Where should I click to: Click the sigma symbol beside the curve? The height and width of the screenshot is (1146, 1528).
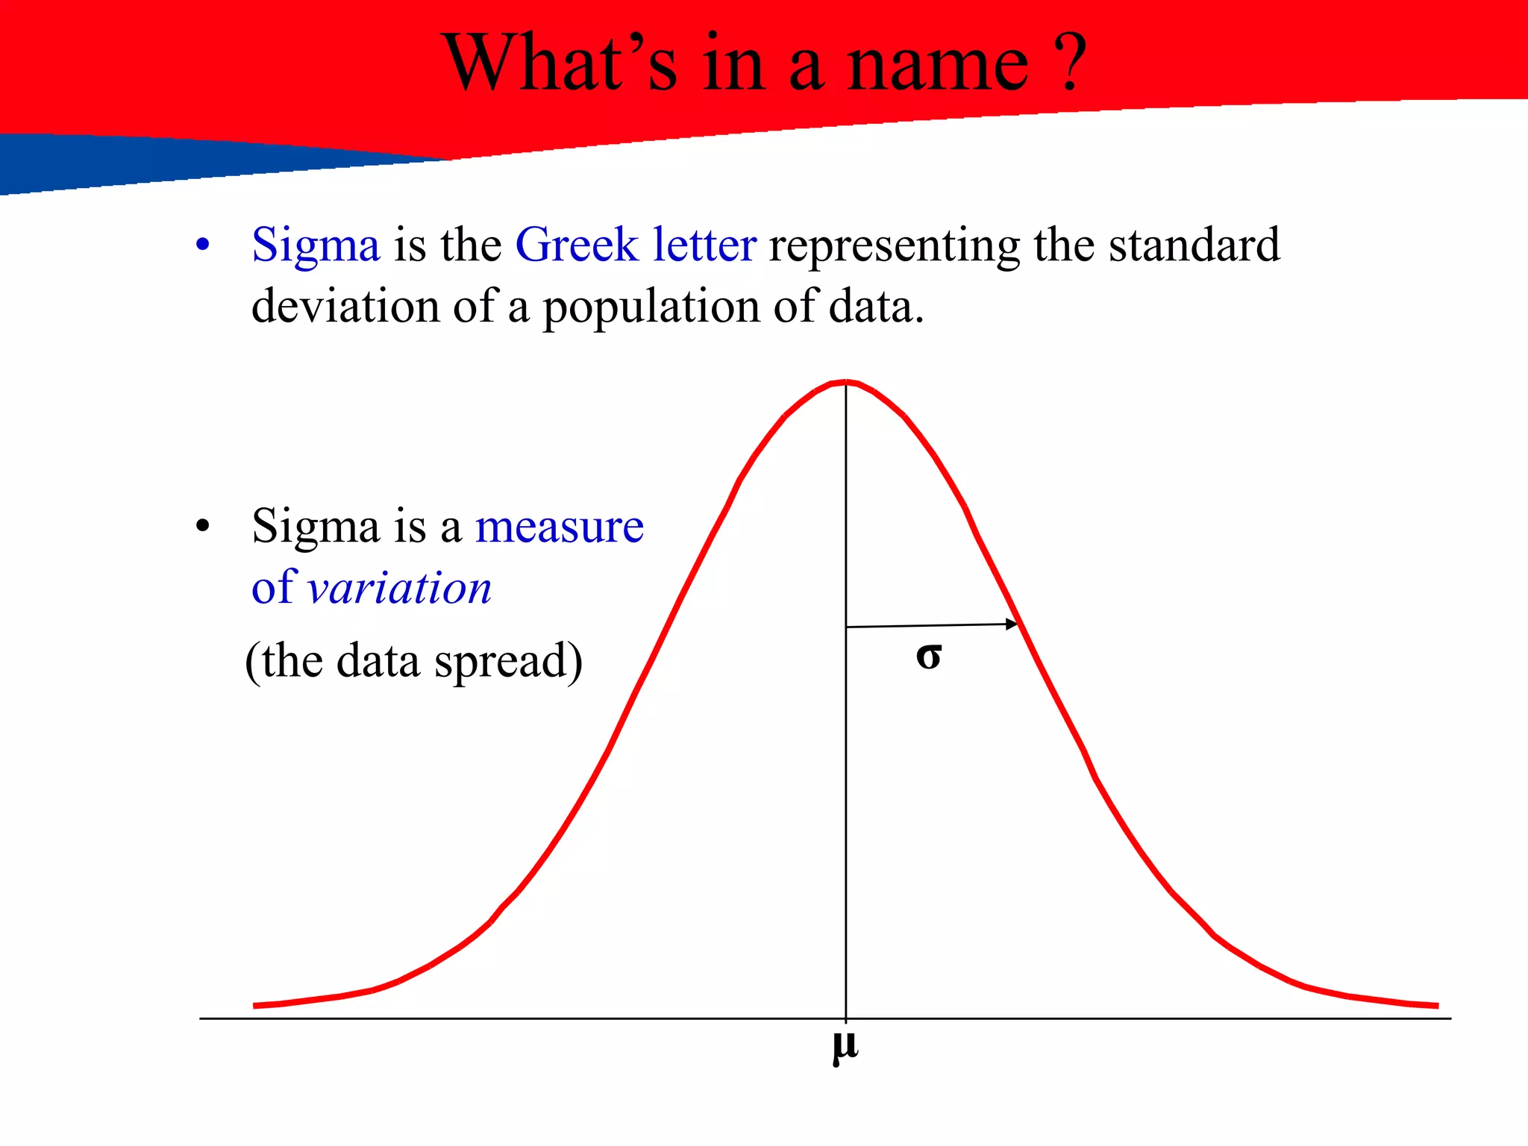(929, 657)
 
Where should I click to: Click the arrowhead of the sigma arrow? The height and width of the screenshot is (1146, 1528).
(1012, 624)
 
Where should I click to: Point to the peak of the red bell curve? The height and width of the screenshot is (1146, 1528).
(845, 383)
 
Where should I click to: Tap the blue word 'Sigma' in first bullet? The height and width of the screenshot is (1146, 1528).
(316, 245)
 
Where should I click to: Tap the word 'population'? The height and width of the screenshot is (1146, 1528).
(651, 308)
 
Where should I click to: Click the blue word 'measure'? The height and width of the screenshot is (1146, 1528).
(560, 527)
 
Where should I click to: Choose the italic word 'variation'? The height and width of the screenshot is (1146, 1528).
(400, 588)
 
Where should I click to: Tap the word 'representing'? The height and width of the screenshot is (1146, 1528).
(894, 247)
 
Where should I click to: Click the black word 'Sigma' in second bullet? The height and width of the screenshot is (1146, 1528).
(316, 527)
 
